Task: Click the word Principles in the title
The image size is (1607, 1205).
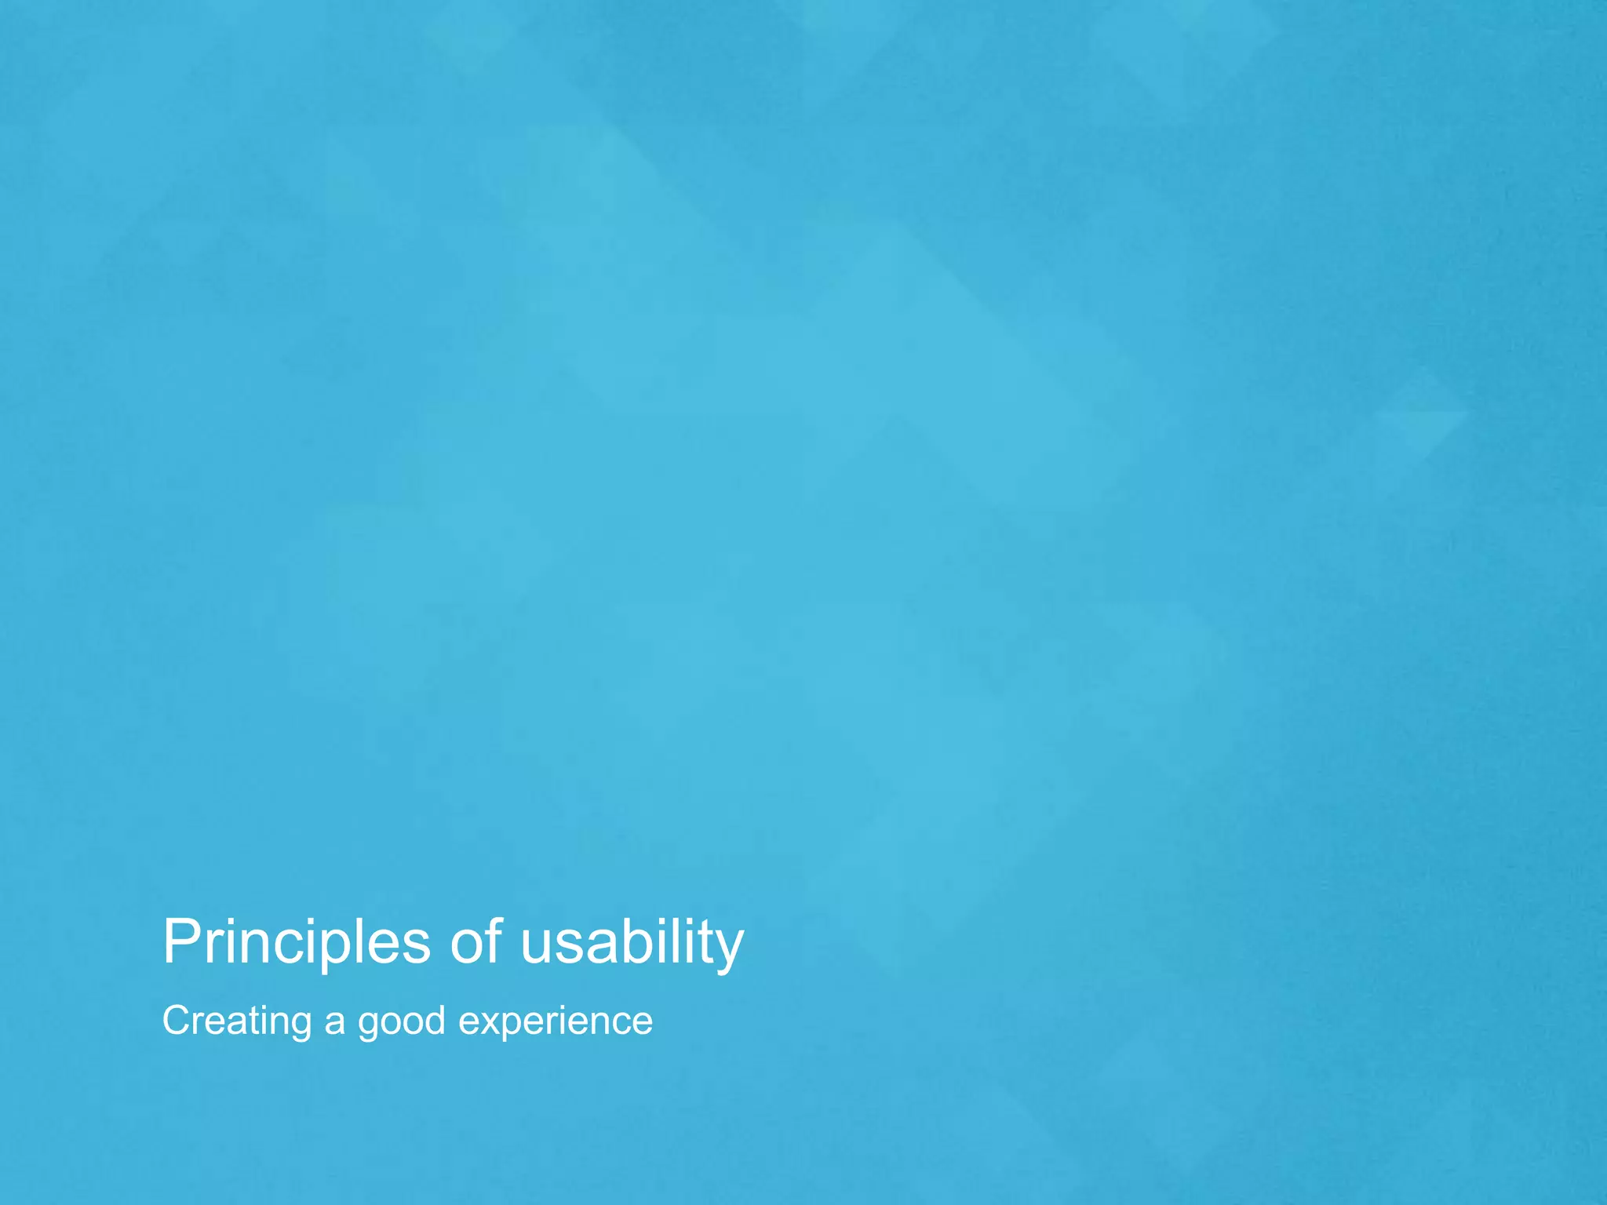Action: [297, 942]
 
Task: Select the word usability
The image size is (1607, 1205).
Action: [632, 942]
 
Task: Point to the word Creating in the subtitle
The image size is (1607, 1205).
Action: [237, 1021]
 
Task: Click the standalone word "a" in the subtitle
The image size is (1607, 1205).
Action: [335, 1023]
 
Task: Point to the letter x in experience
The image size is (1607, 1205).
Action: [488, 1023]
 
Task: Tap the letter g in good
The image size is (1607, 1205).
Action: [369, 1026]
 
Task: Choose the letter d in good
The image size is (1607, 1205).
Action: [434, 1021]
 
